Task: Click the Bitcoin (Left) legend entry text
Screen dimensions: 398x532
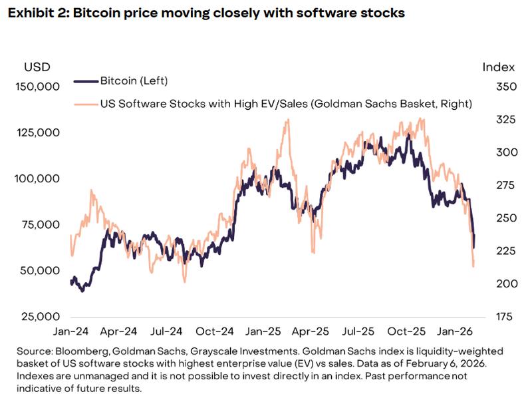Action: point(134,81)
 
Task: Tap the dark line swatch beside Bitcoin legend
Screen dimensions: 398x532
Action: point(85,81)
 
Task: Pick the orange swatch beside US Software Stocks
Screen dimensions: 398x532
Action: point(85,103)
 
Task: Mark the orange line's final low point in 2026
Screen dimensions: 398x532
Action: point(473,266)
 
